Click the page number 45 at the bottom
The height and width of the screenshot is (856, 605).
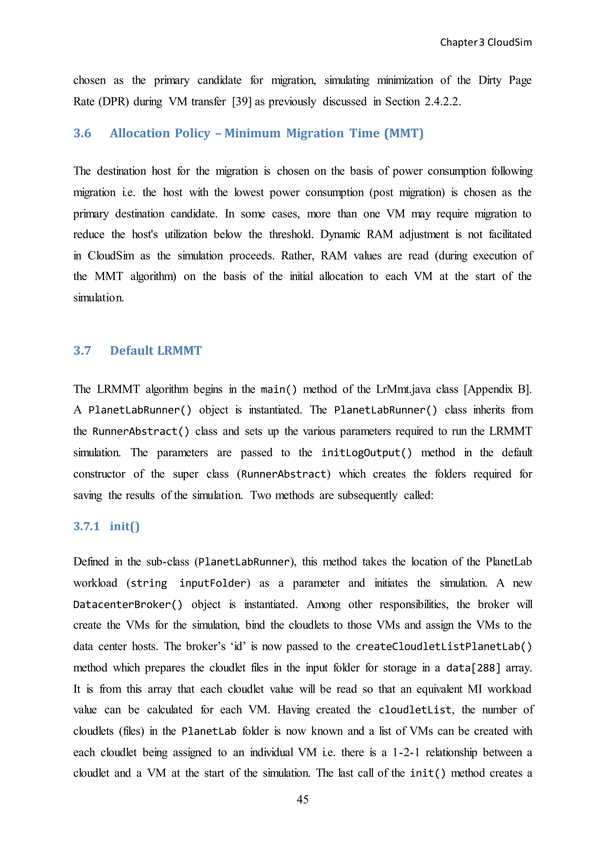point(302,799)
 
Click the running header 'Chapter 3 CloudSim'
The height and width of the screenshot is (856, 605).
point(486,42)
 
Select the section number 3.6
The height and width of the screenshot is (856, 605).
point(82,133)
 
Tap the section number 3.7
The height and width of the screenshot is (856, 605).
point(82,351)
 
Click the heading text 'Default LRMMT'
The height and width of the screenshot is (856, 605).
point(156,351)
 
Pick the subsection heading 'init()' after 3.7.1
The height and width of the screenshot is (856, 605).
point(124,526)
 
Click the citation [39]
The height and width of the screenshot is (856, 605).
point(242,101)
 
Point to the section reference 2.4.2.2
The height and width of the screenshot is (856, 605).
point(443,101)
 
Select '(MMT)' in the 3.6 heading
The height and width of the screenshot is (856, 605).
point(404,133)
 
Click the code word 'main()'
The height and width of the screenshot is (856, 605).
point(279,390)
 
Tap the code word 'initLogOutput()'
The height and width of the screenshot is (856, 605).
point(367,453)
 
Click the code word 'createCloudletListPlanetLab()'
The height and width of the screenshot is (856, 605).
point(444,646)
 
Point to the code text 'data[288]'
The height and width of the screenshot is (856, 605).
point(473,668)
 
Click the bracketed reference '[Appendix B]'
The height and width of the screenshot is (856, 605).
point(497,389)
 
